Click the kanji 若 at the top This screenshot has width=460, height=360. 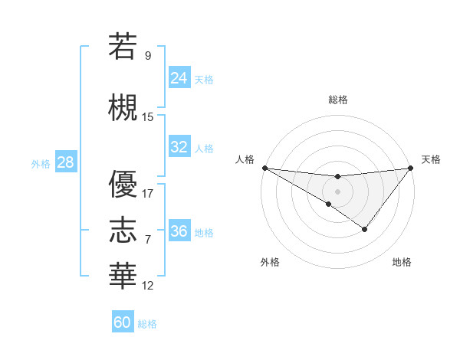point(123,47)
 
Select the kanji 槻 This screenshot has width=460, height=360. point(123,108)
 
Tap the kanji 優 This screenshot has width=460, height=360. point(123,184)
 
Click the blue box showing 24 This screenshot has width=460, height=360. point(179,78)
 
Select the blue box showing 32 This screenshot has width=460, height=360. point(179,147)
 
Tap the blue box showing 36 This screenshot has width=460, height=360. point(179,231)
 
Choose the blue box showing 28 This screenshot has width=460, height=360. point(65,162)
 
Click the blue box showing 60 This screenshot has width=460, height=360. point(123,322)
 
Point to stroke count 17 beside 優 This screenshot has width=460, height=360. point(148,194)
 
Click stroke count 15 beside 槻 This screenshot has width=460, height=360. point(148,117)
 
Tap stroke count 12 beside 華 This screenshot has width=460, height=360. point(148,286)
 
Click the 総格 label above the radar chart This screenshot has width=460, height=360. point(338,100)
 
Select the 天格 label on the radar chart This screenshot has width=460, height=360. point(431,159)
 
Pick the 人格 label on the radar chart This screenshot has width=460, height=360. point(245,159)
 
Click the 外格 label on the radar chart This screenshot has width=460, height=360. point(270,263)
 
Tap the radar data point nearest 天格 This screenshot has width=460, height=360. point(411,168)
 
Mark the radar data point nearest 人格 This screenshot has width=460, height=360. point(264,168)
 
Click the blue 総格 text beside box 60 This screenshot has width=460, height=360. point(147,324)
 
